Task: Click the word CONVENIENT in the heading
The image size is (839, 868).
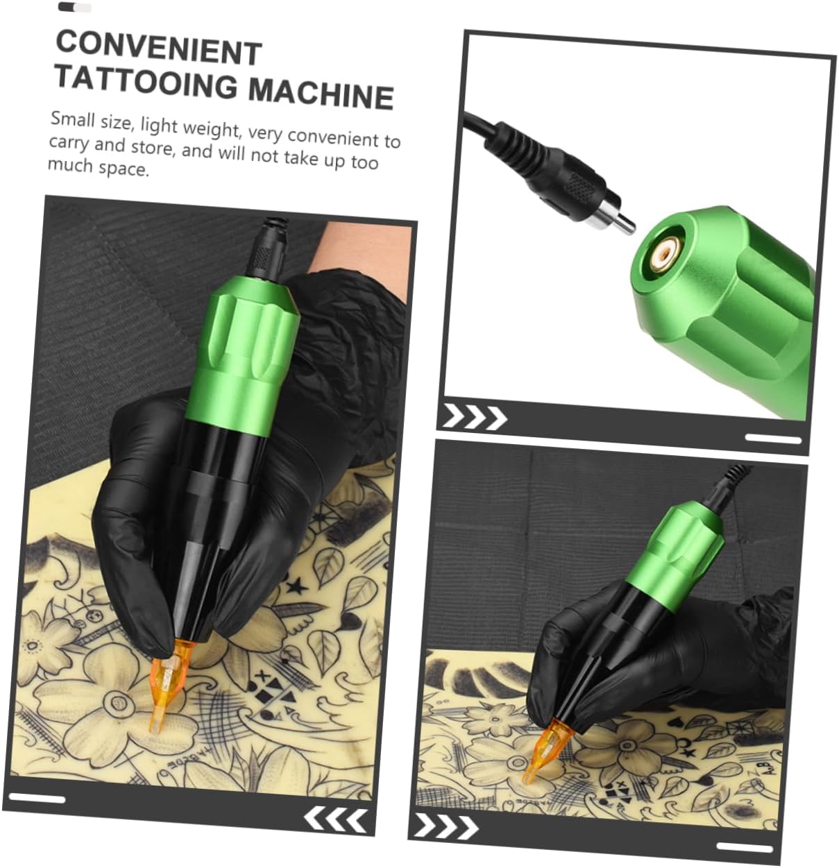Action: click(158, 48)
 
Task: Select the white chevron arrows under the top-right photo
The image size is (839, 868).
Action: click(475, 417)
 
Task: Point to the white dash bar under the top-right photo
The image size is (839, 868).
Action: click(773, 439)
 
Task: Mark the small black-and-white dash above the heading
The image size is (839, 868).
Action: click(75, 8)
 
